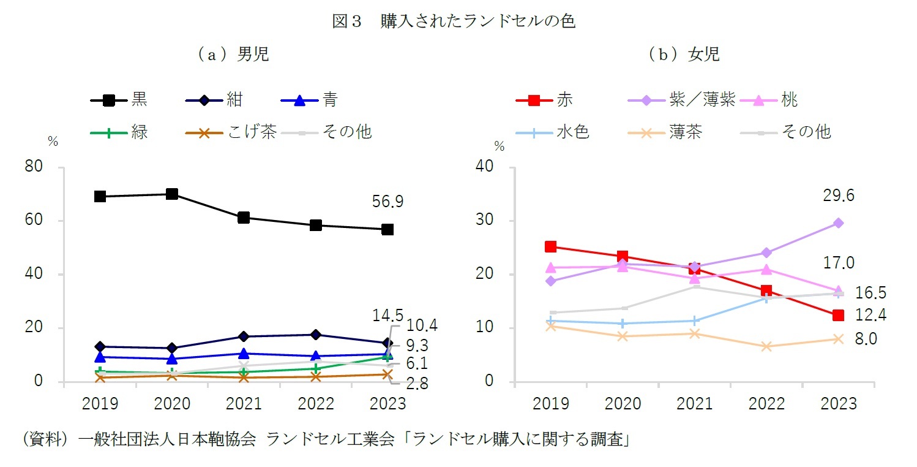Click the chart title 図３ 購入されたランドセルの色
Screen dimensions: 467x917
pyautogui.click(x=454, y=21)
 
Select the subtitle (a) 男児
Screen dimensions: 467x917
pyautogui.click(x=232, y=55)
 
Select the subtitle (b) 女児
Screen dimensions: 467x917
pyautogui.click(x=684, y=55)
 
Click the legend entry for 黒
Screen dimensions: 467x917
pyautogui.click(x=119, y=100)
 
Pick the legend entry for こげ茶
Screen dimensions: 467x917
pyautogui.click(x=230, y=132)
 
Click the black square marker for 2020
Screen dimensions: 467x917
pyautogui.click(x=172, y=194)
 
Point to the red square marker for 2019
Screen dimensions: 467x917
pyautogui.click(x=550, y=246)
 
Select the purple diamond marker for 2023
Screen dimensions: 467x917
pyautogui.click(x=838, y=223)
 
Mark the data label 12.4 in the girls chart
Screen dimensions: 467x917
pyautogui.click(x=870, y=315)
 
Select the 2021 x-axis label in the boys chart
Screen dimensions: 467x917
pyautogui.click(x=244, y=404)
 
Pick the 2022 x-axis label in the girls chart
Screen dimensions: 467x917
pyautogui.click(x=766, y=404)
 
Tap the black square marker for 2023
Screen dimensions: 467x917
pyautogui.click(x=387, y=229)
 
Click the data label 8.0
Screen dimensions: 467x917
pyautogui.click(x=866, y=339)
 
